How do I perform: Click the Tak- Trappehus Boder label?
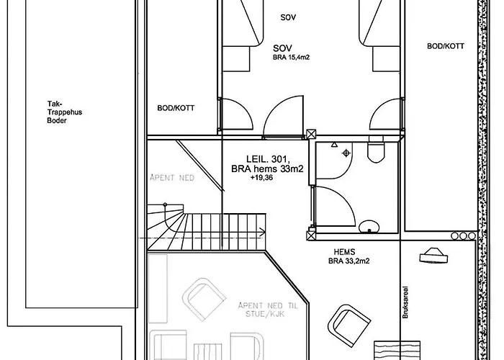[x=64, y=112]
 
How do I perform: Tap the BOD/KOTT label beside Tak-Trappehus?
[x=176, y=108]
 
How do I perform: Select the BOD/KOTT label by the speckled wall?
[x=446, y=46]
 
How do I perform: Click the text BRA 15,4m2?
[x=291, y=58]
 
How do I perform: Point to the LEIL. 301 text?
[x=268, y=159]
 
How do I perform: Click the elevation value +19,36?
[x=261, y=178]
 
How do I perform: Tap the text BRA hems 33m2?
[x=267, y=168]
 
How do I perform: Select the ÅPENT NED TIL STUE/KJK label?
[x=268, y=310]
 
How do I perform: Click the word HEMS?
[x=344, y=252]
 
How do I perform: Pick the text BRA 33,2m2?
[x=348, y=261]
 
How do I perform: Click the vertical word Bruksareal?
[x=405, y=302]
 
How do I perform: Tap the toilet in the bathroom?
[x=376, y=150]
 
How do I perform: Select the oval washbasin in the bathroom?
[x=369, y=226]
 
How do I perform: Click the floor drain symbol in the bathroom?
[x=346, y=153]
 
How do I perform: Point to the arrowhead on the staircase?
[x=263, y=232]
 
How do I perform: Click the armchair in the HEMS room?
[x=349, y=325]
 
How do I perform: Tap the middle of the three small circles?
[x=463, y=236]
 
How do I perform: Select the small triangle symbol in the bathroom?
[x=334, y=145]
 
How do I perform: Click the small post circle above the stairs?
[x=165, y=204]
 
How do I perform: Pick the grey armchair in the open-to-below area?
[x=204, y=300]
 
